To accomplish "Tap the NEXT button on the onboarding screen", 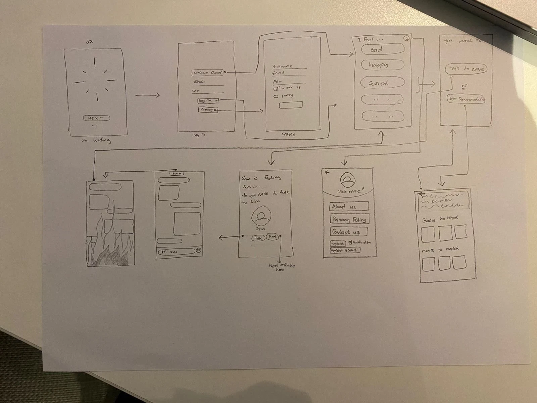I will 96,118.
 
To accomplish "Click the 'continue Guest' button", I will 207,73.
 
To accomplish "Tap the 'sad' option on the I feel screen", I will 382,49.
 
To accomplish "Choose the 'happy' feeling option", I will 382,65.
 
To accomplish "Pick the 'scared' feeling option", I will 382,83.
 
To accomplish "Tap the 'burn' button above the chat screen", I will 176,174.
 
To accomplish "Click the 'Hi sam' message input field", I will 176,251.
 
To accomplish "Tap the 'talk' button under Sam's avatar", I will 258,238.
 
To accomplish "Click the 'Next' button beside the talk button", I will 273,237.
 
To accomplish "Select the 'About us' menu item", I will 349,207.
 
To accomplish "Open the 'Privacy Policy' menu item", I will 349,219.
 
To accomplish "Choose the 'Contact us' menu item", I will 348,232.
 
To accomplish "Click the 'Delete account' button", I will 345,250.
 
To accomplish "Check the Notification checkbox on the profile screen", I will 350,242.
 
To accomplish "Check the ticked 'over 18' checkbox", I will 276,89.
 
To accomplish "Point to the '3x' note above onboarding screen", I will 89,42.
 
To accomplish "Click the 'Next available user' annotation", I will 282,267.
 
